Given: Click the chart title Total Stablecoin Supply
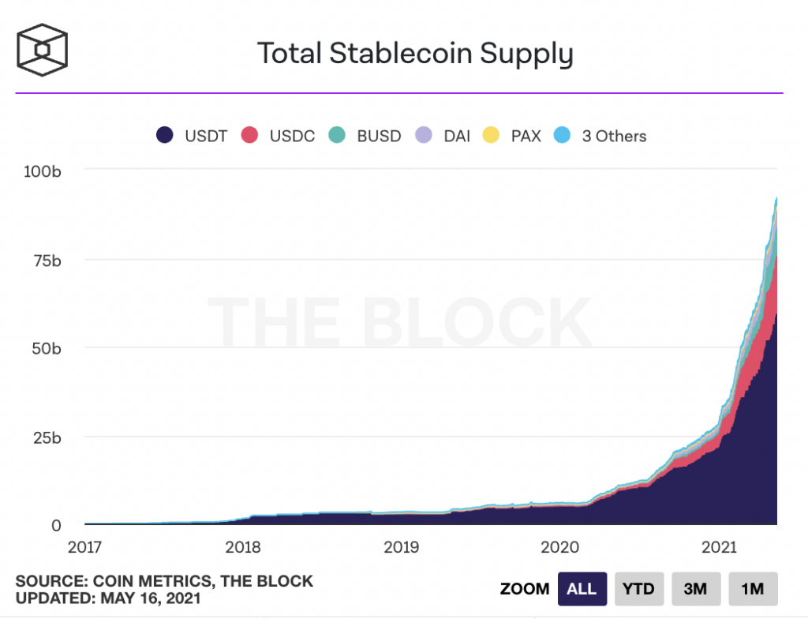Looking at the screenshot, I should [x=415, y=53].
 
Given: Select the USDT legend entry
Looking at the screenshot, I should [x=192, y=136].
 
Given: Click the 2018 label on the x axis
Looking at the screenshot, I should [x=243, y=546].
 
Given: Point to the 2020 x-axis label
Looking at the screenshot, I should [x=560, y=546].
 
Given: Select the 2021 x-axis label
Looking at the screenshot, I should [x=718, y=546].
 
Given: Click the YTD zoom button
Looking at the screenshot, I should [x=639, y=589].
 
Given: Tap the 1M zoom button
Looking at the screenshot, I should [x=753, y=589].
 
